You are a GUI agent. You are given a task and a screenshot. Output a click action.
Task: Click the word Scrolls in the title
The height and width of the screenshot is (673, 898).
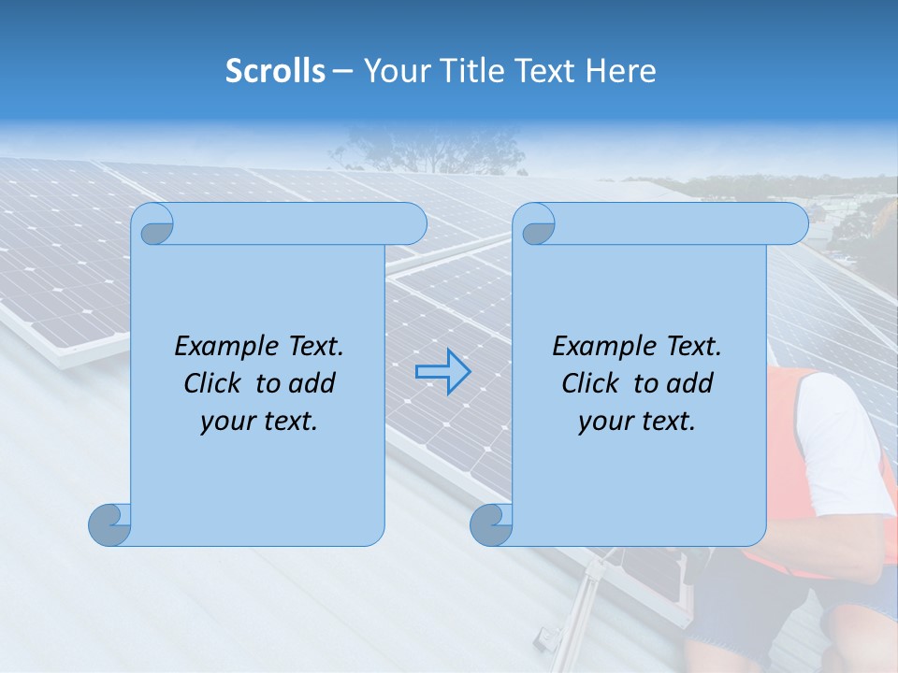[x=275, y=71]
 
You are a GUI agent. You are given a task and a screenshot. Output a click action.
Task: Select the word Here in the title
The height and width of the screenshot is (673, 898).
[x=620, y=71]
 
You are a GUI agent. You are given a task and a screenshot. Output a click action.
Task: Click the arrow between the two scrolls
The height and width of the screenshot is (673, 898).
[x=442, y=372]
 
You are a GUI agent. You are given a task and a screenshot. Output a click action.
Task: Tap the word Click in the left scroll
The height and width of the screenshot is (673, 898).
[x=214, y=383]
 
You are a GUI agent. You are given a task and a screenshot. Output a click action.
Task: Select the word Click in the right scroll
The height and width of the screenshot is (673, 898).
[x=592, y=383]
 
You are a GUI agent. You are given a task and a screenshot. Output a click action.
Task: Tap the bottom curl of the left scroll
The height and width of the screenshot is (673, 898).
[x=109, y=524]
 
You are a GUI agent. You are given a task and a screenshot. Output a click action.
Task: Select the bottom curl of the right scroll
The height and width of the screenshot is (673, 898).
[x=491, y=524]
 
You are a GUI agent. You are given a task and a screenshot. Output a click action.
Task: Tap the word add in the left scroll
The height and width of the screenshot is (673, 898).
[x=312, y=383]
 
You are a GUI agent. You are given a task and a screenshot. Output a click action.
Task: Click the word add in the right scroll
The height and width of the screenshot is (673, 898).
[x=690, y=383]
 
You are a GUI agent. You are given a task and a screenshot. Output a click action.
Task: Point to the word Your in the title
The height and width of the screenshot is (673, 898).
[x=395, y=71]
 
